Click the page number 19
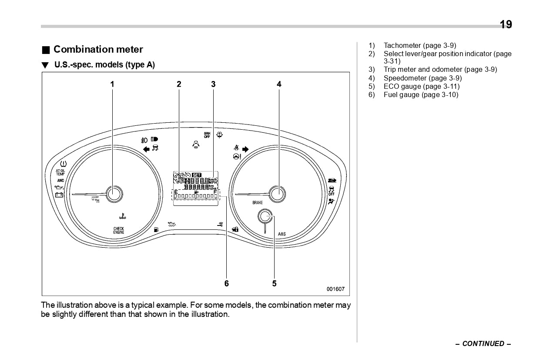[x=506, y=24]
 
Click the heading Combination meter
[x=98, y=50]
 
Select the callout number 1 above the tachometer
[x=112, y=84]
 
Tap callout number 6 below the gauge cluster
[x=226, y=283]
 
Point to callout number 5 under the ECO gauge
[x=274, y=283]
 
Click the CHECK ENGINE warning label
[x=119, y=231]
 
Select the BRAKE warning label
[x=258, y=203]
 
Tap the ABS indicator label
[x=282, y=234]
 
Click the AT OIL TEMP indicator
[x=60, y=172]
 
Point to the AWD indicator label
[x=60, y=180]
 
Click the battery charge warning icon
[x=59, y=195]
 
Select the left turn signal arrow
[x=146, y=149]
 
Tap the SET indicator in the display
[x=197, y=175]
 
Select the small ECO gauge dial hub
[x=265, y=216]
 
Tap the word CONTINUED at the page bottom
[x=483, y=343]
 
